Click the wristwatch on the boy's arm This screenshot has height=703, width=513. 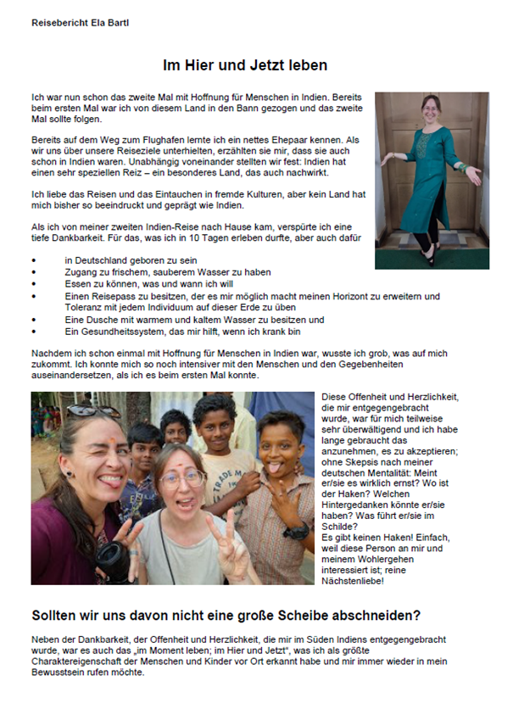tap(297, 532)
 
